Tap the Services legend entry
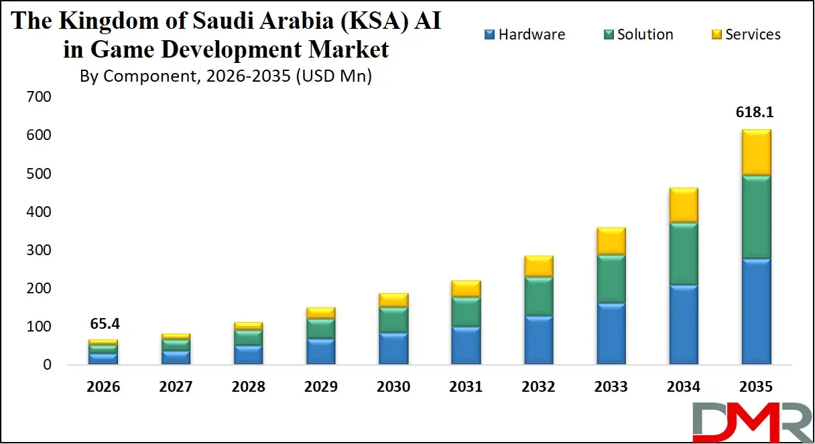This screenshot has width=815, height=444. pyautogui.click(x=745, y=35)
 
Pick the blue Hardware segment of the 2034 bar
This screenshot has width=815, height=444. pyautogui.click(x=684, y=324)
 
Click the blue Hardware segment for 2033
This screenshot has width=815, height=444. pyautogui.click(x=611, y=334)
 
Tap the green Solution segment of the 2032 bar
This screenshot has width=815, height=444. pyautogui.click(x=539, y=296)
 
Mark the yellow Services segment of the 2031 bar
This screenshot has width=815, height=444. pyautogui.click(x=466, y=289)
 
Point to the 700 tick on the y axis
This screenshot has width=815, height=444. pyautogui.click(x=38, y=97)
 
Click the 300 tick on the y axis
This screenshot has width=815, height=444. pyautogui.click(x=38, y=250)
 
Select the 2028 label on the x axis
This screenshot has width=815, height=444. pyautogui.click(x=248, y=387)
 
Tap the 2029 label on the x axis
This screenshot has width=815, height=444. pyautogui.click(x=320, y=387)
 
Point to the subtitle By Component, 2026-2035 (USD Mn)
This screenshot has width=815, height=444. pyautogui.click(x=226, y=76)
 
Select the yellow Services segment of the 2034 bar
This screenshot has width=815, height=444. pyautogui.click(x=684, y=205)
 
